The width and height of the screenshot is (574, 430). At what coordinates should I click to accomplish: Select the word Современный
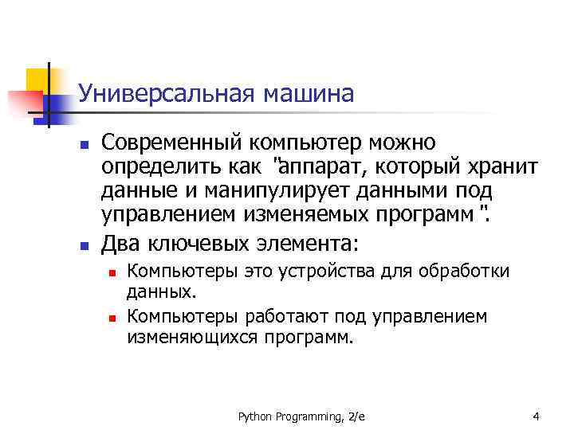tap(173, 143)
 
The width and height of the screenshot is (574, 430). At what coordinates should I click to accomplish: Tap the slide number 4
tap(537, 416)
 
